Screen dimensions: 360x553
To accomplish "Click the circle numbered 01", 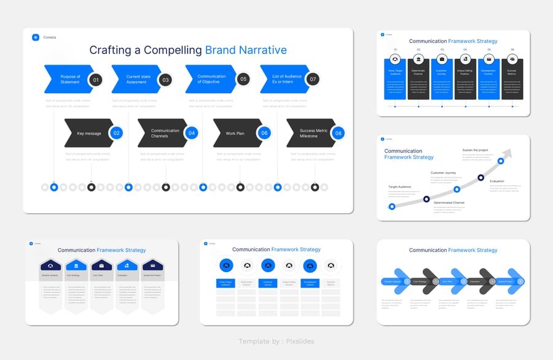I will click(95, 79).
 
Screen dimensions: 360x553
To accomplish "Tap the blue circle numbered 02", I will click(117, 133).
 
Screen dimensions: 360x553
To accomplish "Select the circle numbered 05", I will click(243, 79).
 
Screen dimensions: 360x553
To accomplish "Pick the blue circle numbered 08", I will click(337, 133).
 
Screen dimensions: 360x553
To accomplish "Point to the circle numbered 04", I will click(192, 133).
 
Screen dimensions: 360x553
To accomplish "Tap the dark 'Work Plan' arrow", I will click(234, 133).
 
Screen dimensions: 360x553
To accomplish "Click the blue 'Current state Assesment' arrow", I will click(135, 79).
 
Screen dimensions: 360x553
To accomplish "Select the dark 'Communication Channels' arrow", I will click(163, 133).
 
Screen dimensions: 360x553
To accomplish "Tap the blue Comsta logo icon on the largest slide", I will click(36, 37).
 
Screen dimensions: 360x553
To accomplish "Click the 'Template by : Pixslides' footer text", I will click(276, 341).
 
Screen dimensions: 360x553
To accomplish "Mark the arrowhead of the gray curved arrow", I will click(507, 154).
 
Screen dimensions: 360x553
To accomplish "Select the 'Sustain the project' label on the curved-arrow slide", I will click(475, 149).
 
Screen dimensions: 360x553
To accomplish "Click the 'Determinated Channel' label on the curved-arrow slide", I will click(449, 203).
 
